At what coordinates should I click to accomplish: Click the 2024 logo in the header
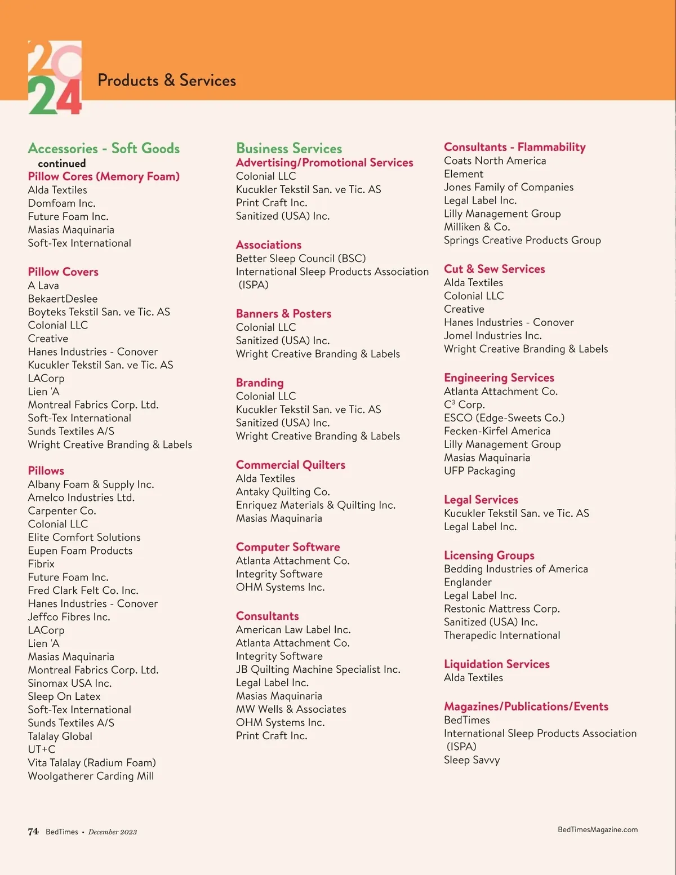55,78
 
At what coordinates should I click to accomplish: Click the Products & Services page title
167,81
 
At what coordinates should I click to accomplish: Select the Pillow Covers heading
63,272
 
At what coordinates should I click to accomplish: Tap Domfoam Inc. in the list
61,203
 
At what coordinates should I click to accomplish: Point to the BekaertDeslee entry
63,299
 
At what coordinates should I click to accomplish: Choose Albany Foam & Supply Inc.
91,485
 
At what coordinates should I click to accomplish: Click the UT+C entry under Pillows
42,749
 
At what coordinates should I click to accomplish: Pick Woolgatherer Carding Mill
91,776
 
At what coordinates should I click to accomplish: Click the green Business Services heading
289,149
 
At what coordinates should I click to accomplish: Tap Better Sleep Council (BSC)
301,259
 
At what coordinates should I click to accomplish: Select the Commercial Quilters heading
290,465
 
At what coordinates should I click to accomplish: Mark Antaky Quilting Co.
283,492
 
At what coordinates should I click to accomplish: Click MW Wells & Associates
291,709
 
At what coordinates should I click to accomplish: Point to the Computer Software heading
288,547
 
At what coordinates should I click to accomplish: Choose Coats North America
495,161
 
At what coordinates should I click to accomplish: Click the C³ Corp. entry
464,405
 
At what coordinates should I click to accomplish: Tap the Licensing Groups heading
489,556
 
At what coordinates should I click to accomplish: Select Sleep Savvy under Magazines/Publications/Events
472,760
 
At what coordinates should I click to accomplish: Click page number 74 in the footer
33,832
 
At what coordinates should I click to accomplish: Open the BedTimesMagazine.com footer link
597,829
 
